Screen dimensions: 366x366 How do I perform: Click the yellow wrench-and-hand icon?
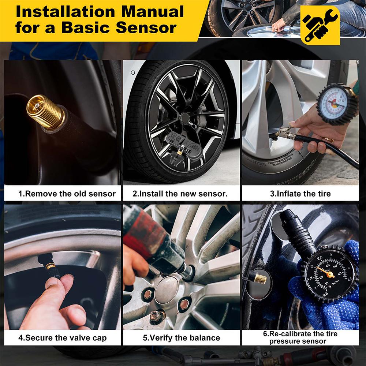click(320, 25)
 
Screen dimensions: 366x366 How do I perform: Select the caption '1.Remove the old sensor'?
click(67, 194)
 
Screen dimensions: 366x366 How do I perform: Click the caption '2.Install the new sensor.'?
click(180, 194)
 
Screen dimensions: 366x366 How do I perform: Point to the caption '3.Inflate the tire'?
click(300, 194)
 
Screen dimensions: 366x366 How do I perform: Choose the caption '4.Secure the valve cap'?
click(63, 337)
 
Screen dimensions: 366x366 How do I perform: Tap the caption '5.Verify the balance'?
click(182, 337)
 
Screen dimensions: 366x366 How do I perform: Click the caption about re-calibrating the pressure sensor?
click(300, 337)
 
